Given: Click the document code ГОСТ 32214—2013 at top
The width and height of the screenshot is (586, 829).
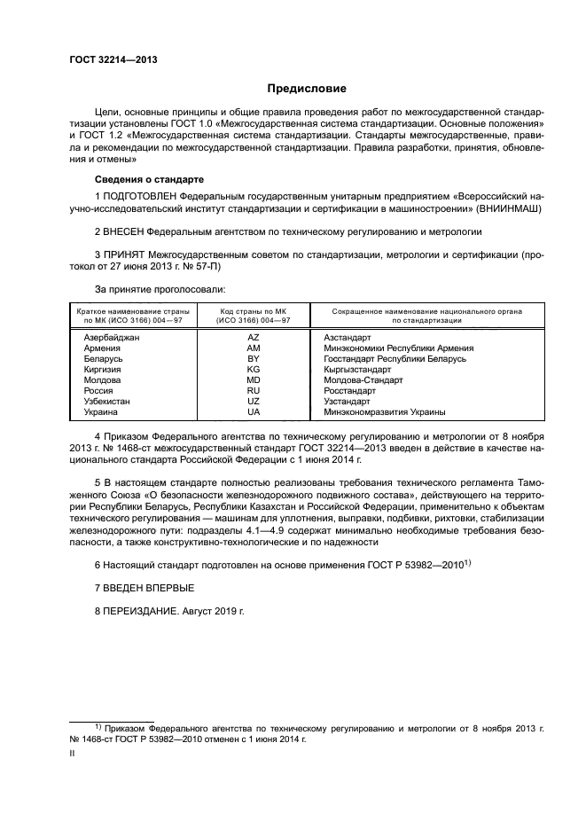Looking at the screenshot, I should pyautogui.click(x=107, y=60).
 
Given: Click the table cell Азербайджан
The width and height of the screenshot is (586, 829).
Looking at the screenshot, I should pyautogui.click(x=111, y=338).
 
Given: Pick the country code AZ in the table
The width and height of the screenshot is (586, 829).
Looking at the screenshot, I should pyautogui.click(x=253, y=338).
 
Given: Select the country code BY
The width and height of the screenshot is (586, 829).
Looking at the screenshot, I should pyautogui.click(x=253, y=359).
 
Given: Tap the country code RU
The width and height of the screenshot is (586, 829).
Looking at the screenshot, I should pyautogui.click(x=253, y=391).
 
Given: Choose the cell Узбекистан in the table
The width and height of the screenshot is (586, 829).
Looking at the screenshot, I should pyautogui.click(x=107, y=402).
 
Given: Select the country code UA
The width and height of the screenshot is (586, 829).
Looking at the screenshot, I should pyautogui.click(x=253, y=412).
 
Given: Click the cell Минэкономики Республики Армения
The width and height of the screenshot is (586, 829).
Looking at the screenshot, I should pyautogui.click(x=399, y=348).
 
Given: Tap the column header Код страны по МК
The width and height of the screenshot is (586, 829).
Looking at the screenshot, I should pyautogui.click(x=253, y=313).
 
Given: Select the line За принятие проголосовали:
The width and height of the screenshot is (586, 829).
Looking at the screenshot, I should pyautogui.click(x=160, y=289).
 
